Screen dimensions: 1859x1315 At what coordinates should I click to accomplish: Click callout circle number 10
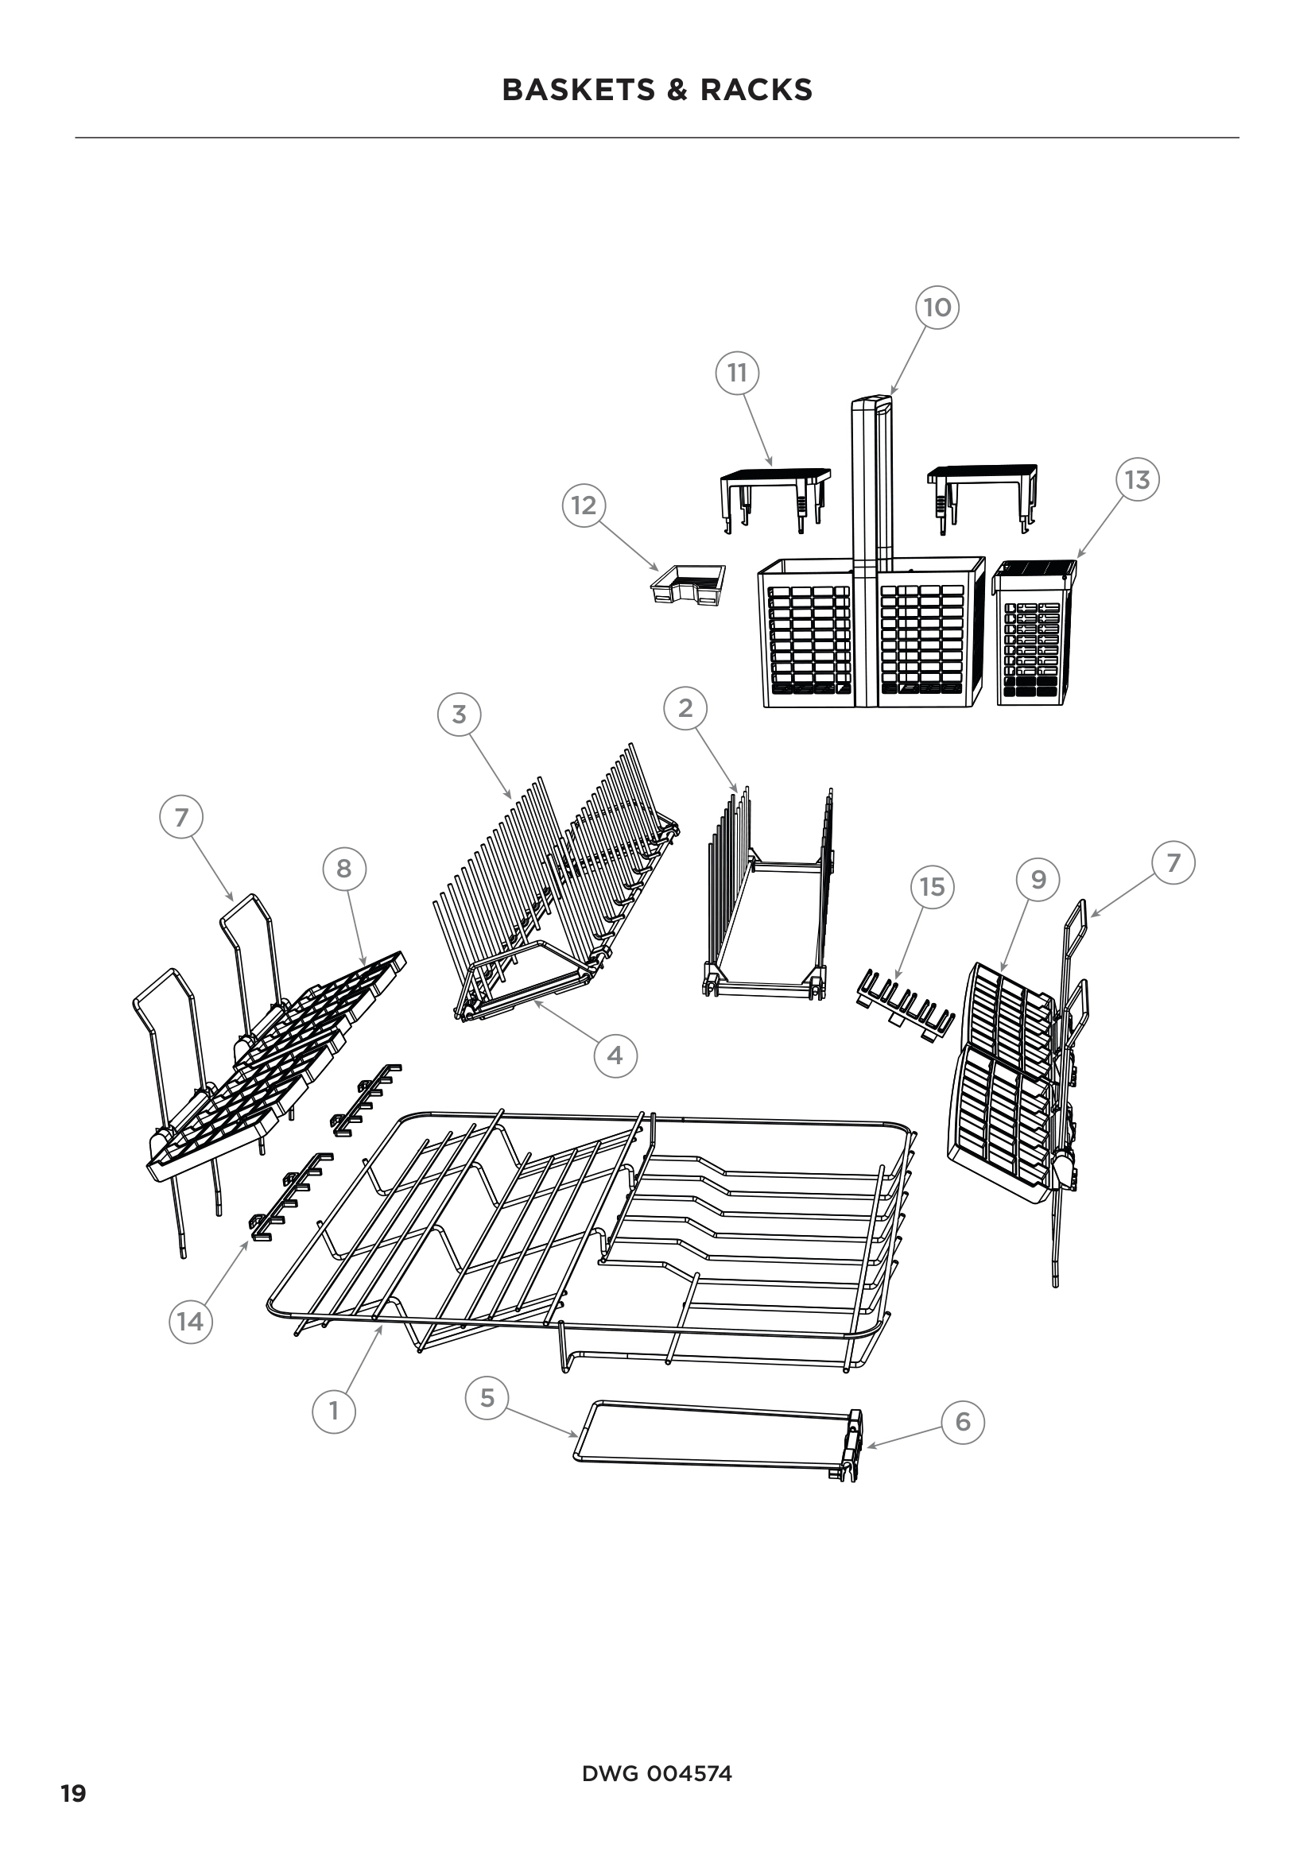[937, 308]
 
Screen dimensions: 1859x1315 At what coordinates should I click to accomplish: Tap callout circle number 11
[737, 374]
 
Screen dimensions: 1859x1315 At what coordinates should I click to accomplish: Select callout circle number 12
[584, 505]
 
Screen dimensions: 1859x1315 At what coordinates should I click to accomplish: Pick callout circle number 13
[1137, 480]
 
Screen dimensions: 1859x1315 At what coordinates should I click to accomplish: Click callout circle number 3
[459, 715]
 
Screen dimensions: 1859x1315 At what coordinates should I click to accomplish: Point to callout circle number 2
[685, 708]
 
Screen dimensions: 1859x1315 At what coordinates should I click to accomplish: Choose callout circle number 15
[932, 888]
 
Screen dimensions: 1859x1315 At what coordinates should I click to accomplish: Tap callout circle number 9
[1038, 880]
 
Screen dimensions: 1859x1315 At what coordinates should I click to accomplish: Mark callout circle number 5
[487, 1398]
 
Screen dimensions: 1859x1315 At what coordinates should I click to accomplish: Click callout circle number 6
[963, 1423]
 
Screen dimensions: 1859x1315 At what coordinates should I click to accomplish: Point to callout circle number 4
[615, 1055]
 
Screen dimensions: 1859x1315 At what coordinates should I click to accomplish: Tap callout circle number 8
[344, 869]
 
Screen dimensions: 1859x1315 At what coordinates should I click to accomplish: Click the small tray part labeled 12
[689, 585]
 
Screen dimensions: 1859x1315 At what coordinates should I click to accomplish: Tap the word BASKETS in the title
[579, 90]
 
